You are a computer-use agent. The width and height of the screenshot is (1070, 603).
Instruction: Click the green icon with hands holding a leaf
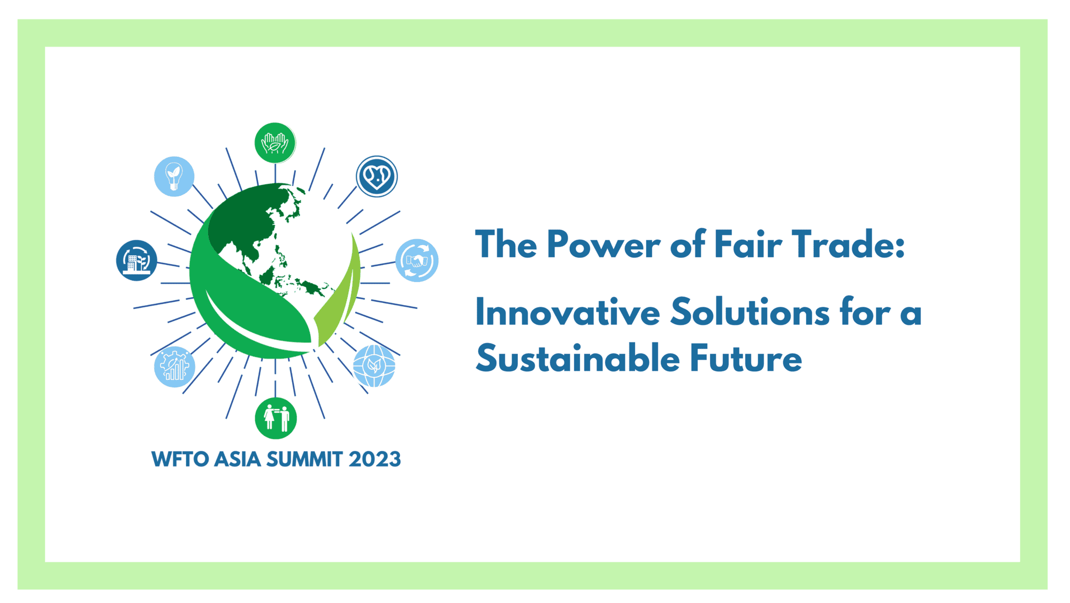(275, 143)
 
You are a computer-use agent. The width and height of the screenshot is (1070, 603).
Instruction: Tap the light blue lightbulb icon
(174, 177)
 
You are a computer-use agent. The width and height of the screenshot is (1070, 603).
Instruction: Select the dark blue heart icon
(377, 177)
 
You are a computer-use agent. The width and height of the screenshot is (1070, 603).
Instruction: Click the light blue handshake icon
(417, 261)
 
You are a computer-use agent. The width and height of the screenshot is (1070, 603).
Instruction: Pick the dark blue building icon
(136, 261)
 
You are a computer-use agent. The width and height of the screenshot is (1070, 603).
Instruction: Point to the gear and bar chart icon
(174, 367)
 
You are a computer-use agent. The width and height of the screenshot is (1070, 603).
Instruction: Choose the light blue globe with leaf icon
(374, 366)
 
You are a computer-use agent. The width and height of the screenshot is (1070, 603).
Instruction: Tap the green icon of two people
(276, 418)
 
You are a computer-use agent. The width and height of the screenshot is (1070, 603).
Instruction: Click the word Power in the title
(603, 245)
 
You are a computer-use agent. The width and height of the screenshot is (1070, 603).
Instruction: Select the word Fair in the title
(747, 245)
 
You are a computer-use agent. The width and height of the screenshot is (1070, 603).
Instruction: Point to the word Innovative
(567, 312)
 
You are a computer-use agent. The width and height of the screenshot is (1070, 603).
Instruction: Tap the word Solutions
(750, 312)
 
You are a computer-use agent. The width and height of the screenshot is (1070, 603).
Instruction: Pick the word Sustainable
(578, 358)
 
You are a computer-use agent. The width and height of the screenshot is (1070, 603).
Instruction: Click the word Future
(746, 358)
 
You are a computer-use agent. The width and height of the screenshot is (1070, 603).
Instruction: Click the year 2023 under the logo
(374, 460)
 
